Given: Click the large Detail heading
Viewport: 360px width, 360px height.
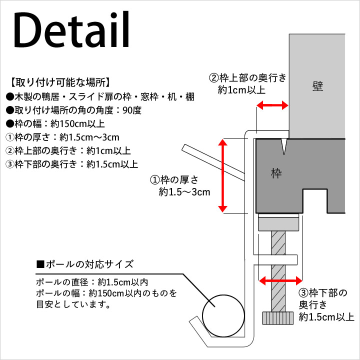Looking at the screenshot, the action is [x=71, y=29].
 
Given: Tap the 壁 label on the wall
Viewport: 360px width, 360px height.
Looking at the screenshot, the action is [x=318, y=86].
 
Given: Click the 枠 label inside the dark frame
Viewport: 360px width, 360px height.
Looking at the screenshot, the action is [x=276, y=173].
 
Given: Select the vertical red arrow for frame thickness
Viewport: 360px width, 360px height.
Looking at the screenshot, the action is [x=222, y=175].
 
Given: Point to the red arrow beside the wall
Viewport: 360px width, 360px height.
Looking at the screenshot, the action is [x=272, y=105].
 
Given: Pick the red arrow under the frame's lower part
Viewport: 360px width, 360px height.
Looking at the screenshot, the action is [x=280, y=280].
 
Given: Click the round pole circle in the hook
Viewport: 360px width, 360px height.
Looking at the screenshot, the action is [x=223, y=316].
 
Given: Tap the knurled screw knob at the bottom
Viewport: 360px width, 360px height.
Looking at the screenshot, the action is [x=278, y=318].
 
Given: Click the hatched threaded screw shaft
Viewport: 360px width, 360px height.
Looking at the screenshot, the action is [x=278, y=271].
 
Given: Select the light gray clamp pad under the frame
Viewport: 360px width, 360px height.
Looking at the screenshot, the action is [x=278, y=224].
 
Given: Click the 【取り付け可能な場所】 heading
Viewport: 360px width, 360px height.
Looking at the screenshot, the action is [x=60, y=82].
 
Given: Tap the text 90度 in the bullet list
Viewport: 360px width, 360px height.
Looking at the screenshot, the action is [x=132, y=110].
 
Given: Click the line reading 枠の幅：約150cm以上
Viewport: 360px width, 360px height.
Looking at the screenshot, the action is [x=55, y=124].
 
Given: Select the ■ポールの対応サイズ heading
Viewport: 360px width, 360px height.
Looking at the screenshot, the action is [x=84, y=264].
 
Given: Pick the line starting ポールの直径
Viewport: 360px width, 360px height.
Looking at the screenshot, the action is [x=92, y=282].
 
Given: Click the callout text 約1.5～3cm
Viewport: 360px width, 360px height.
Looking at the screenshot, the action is [x=184, y=192].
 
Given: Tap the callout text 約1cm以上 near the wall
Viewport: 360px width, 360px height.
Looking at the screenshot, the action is [x=241, y=90].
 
